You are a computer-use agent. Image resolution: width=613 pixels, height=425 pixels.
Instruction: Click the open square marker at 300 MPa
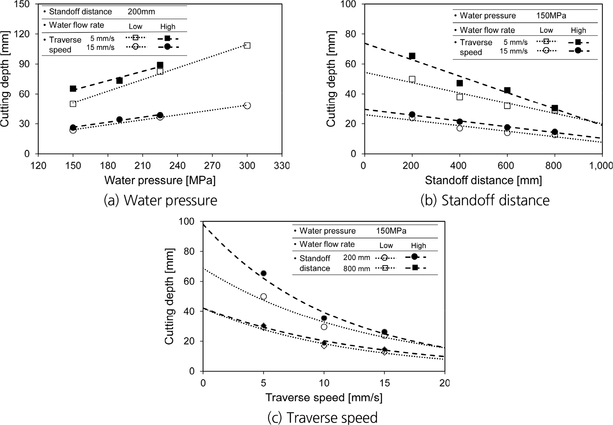247,46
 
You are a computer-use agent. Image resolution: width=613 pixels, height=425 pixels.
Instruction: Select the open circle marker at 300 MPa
247,105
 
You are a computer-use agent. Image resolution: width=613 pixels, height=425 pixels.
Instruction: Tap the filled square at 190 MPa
120,80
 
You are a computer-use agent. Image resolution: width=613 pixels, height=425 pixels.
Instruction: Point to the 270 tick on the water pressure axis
212,166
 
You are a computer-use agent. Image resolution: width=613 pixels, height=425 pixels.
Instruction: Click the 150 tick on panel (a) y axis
23,4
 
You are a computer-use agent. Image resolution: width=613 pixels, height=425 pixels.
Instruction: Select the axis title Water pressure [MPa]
160,180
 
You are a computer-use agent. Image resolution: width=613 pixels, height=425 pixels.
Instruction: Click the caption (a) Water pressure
160,200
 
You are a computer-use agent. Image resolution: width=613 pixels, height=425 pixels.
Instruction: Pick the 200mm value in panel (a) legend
141,12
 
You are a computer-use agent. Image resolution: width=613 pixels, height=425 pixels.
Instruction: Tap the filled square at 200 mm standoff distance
412,56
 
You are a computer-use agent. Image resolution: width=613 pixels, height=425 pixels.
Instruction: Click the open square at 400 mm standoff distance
460,97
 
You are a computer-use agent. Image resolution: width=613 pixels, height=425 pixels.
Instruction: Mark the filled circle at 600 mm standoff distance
507,127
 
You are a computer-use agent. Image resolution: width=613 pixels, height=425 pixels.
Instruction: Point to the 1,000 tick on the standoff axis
600,166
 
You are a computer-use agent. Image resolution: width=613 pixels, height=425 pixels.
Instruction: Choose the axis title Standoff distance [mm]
483,180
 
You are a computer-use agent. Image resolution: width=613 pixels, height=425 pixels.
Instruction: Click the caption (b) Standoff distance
485,200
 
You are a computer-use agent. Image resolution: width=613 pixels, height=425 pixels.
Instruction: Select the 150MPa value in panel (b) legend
551,16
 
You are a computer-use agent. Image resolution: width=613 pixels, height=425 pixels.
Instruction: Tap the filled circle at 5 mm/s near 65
263,273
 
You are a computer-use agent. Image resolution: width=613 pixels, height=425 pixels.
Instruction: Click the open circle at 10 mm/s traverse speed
324,327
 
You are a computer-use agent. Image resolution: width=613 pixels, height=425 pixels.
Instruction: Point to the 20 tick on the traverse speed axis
445,383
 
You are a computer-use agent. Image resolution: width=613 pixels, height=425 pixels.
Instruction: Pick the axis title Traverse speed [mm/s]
324,398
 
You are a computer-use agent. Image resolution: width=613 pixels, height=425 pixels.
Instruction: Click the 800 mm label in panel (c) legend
356,269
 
